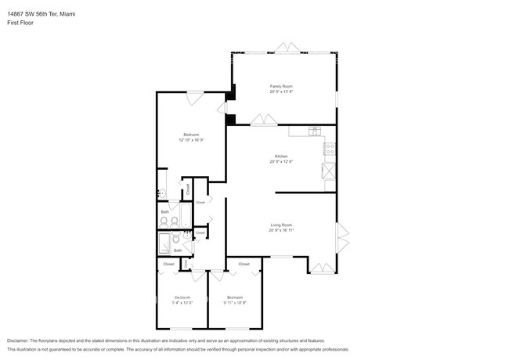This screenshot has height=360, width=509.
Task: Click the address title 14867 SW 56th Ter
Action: tap(37, 14)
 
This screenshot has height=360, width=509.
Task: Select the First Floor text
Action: tap(20, 23)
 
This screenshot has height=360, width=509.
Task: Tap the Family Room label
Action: tap(281, 86)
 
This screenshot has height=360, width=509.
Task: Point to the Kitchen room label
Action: tap(281, 156)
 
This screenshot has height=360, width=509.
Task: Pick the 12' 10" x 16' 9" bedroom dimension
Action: tap(191, 140)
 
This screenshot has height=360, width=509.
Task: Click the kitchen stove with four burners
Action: tap(330, 148)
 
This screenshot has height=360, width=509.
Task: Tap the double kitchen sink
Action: tap(314, 130)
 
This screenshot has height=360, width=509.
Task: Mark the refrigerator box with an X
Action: tap(330, 171)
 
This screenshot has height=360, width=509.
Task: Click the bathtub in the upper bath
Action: tap(185, 215)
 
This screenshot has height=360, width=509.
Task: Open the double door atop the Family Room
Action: tap(287, 50)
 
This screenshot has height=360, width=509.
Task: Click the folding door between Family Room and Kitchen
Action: tap(263, 120)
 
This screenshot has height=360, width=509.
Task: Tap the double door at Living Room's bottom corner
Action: tap(320, 268)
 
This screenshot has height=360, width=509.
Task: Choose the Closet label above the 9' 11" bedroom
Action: tap(244, 265)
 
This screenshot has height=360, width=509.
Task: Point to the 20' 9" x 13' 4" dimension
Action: tap(281, 92)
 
